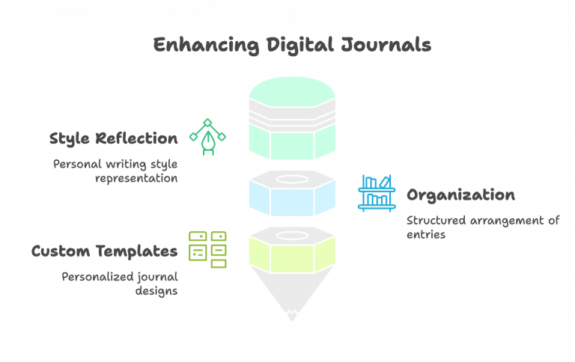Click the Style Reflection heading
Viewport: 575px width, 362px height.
113,138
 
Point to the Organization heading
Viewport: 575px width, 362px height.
460,195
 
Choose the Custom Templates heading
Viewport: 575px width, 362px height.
104,251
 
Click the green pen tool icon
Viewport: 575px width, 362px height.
207,137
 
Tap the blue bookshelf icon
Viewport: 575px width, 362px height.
377,193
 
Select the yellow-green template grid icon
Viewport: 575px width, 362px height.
207,249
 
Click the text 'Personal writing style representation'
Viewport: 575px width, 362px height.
115,171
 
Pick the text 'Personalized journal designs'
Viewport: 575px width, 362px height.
120,283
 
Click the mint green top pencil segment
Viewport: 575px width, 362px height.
292,93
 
